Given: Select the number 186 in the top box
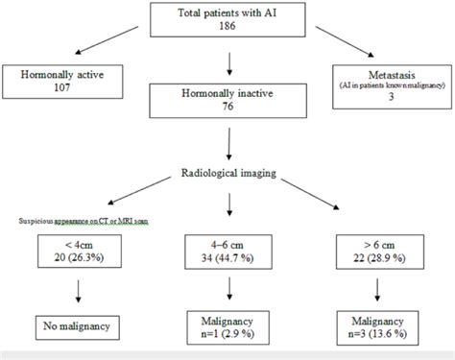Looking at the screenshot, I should point(228,29).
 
